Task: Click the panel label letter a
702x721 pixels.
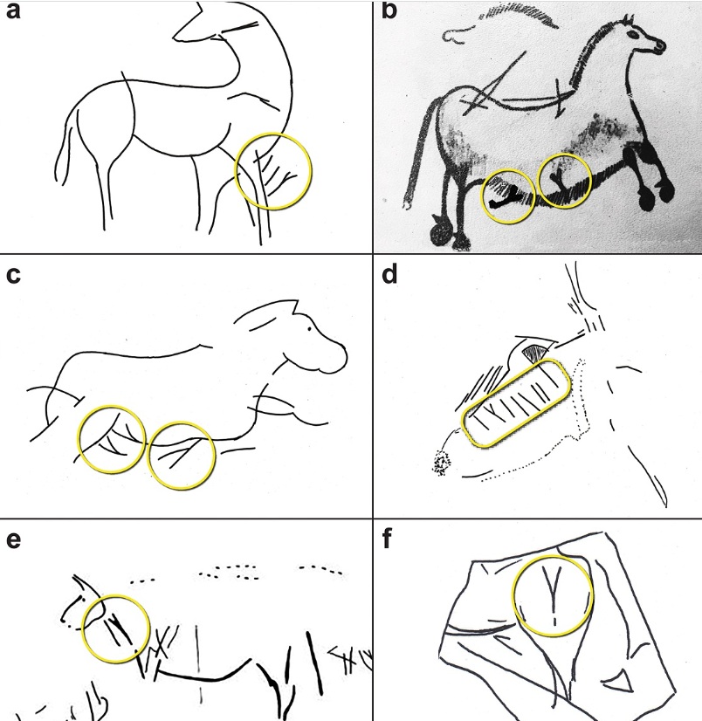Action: tap(13, 11)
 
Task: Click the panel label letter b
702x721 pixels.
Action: tap(389, 10)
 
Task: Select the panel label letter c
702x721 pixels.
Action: tap(13, 275)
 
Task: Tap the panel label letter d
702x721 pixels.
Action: tap(389, 274)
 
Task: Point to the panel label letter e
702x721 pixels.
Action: tap(13, 539)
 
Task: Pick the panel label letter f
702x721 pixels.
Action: tap(387, 539)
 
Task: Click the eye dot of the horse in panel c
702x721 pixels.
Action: tap(310, 329)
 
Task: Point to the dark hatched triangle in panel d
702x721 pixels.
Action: tap(534, 354)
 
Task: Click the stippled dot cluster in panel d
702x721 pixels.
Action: tap(441, 463)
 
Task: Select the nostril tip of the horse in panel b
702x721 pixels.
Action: tap(661, 45)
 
